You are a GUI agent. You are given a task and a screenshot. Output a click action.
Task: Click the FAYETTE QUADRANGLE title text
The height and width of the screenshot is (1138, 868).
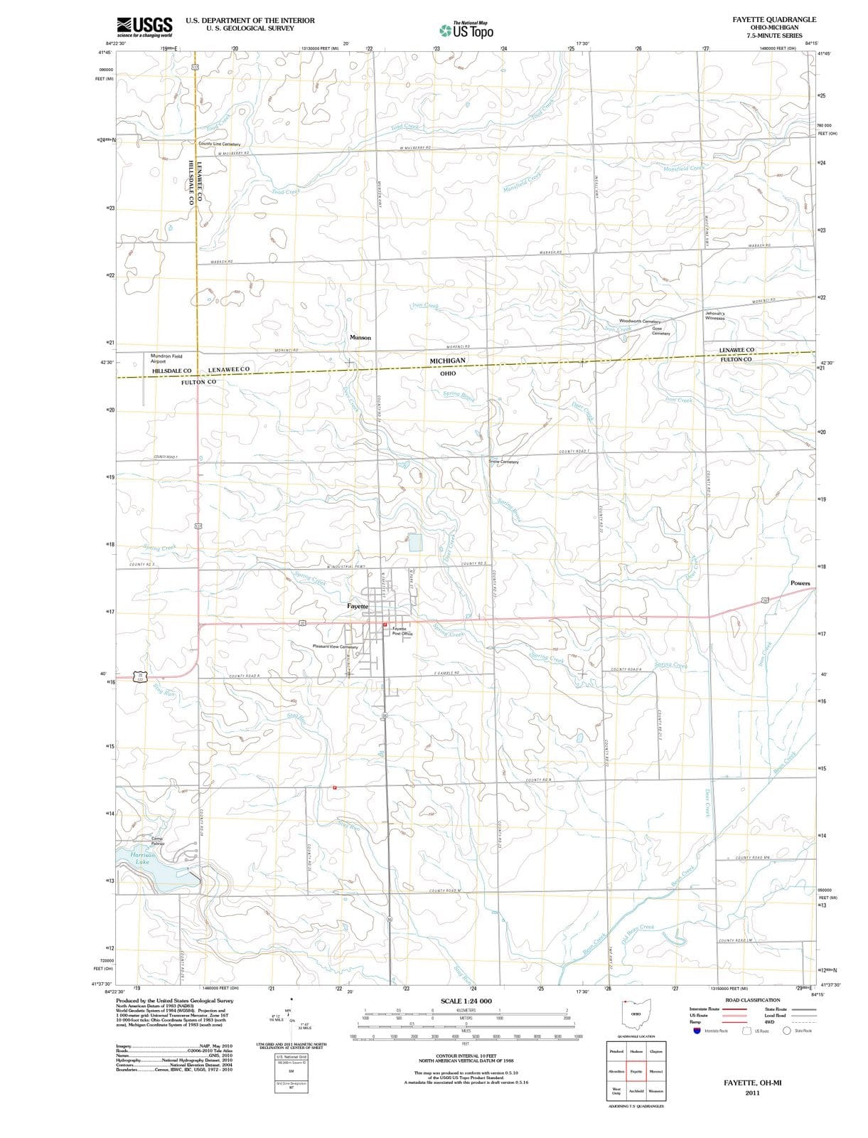tap(774, 20)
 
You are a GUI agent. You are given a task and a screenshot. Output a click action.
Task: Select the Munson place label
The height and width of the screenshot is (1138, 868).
tap(360, 337)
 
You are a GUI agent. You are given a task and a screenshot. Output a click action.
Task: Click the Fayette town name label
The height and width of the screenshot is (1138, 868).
tap(358, 606)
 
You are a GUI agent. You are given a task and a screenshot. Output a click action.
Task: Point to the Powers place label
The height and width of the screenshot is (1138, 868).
tap(800, 583)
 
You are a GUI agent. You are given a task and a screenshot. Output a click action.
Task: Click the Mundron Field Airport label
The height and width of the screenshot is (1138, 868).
tap(166, 358)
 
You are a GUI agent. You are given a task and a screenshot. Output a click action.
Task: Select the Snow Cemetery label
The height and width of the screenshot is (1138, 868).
tap(503, 462)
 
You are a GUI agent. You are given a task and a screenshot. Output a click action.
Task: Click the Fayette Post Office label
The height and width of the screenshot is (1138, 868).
tap(399, 631)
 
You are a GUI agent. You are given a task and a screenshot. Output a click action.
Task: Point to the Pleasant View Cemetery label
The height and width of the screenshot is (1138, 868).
tap(335, 647)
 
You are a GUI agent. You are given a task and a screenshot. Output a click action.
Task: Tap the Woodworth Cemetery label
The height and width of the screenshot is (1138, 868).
tap(640, 321)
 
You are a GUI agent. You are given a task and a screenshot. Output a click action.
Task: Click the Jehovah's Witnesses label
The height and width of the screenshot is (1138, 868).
tap(714, 316)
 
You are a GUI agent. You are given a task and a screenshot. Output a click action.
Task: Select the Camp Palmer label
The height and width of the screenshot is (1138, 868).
tap(158, 841)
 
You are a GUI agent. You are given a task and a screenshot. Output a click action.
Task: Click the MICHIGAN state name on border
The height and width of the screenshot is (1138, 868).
tap(447, 361)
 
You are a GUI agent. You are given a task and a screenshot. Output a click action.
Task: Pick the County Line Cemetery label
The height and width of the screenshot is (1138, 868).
tap(220, 144)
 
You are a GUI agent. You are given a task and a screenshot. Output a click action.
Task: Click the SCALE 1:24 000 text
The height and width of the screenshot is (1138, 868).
tap(466, 1001)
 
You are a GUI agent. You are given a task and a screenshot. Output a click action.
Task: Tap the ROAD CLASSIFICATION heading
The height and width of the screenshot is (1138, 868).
tap(752, 1000)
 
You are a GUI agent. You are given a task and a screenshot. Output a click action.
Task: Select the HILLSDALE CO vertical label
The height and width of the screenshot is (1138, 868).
tap(190, 182)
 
